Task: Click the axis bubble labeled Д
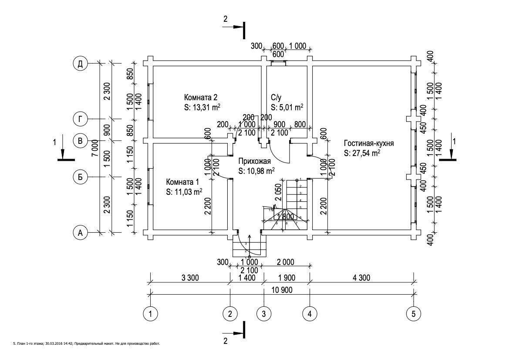coord(80,64)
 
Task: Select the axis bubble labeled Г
coord(80,119)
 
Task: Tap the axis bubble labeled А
coord(80,233)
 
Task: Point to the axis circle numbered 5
coord(413,313)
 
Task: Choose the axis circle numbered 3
coord(263,313)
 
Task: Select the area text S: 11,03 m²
coord(184,192)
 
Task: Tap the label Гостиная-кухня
coord(369,143)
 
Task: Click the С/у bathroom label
coord(277,97)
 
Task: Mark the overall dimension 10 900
coord(282,290)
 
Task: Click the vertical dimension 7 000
coord(95,148)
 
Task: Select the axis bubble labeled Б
coord(80,177)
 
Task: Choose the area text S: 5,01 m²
coord(287,107)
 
